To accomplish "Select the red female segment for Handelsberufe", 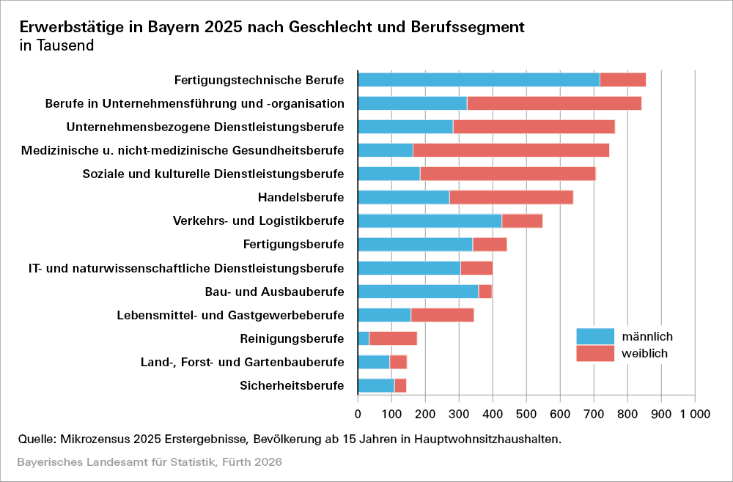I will click(x=511, y=197).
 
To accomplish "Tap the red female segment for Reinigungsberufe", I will click(x=393, y=338).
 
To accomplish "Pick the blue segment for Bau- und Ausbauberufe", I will click(x=418, y=292).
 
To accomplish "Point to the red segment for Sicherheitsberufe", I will click(x=400, y=385).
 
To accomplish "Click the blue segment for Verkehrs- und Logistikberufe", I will click(x=430, y=220).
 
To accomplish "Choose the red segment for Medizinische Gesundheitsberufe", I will click(x=511, y=150).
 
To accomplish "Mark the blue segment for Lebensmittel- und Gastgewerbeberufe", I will click(x=384, y=315).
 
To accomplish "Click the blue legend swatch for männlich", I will click(x=594, y=336).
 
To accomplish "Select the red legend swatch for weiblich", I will click(x=594, y=353).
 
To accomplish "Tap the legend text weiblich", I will click(x=645, y=353).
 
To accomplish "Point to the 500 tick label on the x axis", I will click(x=526, y=414).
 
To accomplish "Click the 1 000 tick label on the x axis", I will click(x=694, y=414).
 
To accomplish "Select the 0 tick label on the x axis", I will click(x=358, y=414).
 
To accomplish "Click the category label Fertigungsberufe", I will click(x=293, y=244).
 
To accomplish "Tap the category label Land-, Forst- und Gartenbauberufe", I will click(x=242, y=362).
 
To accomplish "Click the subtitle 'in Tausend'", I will click(x=56, y=45).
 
